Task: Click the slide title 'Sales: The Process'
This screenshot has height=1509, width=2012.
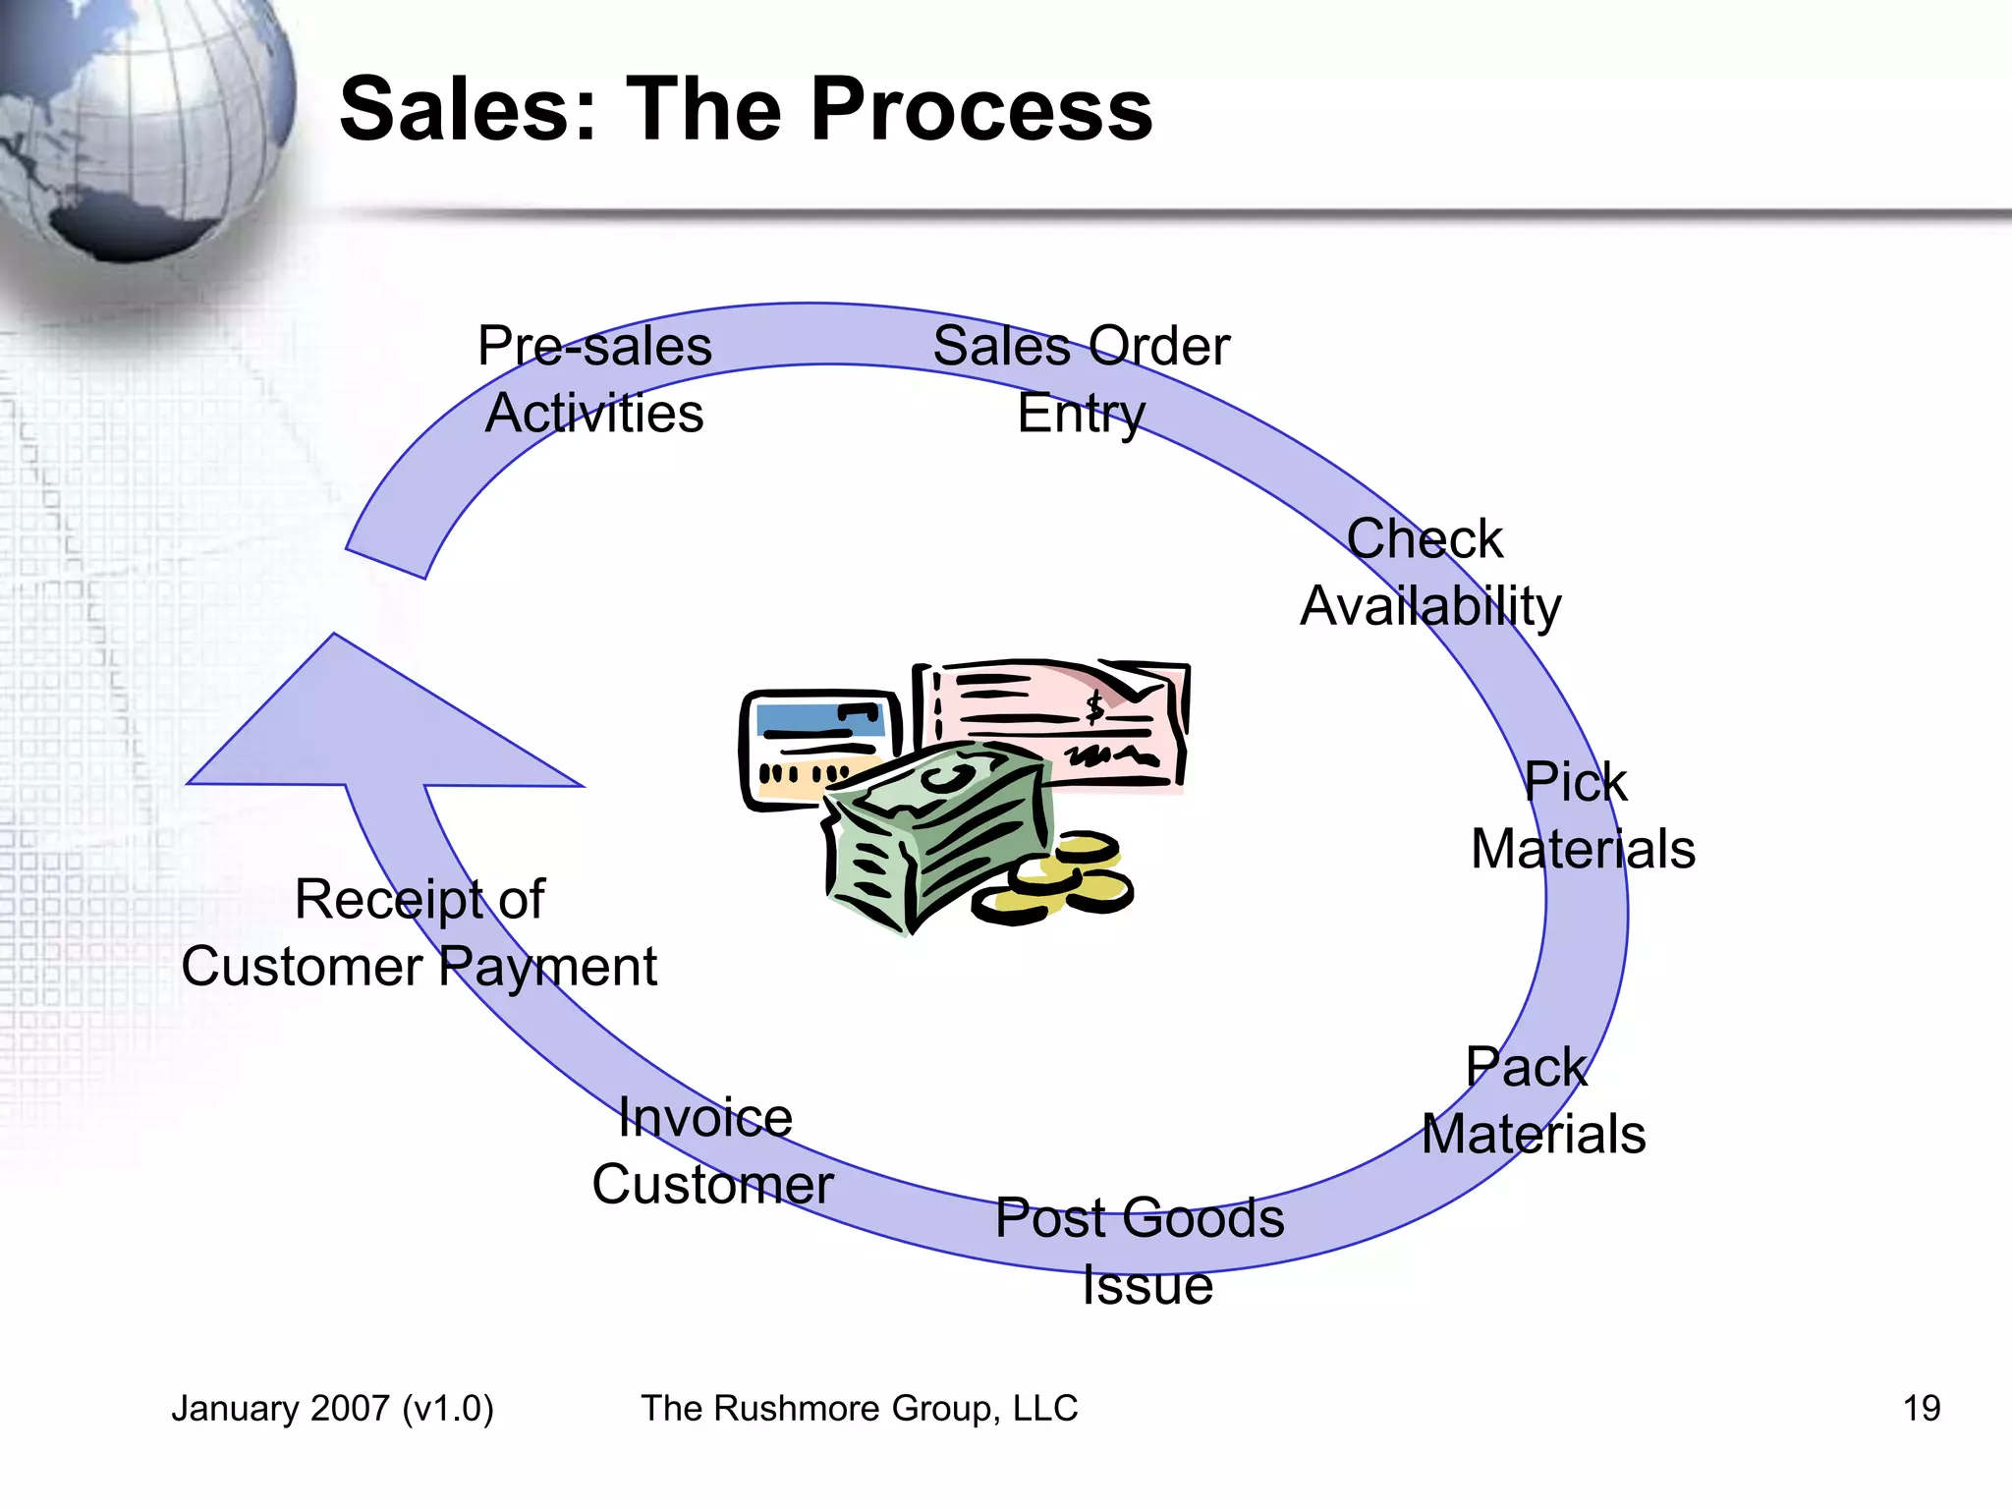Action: [746, 110]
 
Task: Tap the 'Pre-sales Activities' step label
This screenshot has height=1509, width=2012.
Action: [594, 379]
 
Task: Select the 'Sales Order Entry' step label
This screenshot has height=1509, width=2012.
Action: [1081, 379]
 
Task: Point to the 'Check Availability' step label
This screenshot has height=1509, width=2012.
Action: [1429, 572]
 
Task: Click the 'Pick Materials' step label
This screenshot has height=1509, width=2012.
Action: [1582, 815]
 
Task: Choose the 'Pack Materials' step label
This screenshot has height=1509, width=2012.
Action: [1533, 1100]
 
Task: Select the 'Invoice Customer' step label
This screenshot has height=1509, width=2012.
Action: [711, 1150]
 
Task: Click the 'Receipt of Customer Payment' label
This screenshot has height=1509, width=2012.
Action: [419, 932]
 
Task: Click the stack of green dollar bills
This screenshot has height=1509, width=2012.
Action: [933, 835]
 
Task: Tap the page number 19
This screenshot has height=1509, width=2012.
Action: [1921, 1409]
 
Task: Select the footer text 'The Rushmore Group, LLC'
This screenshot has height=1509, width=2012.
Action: [860, 1409]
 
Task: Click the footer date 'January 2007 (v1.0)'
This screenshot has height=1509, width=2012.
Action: [332, 1409]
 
